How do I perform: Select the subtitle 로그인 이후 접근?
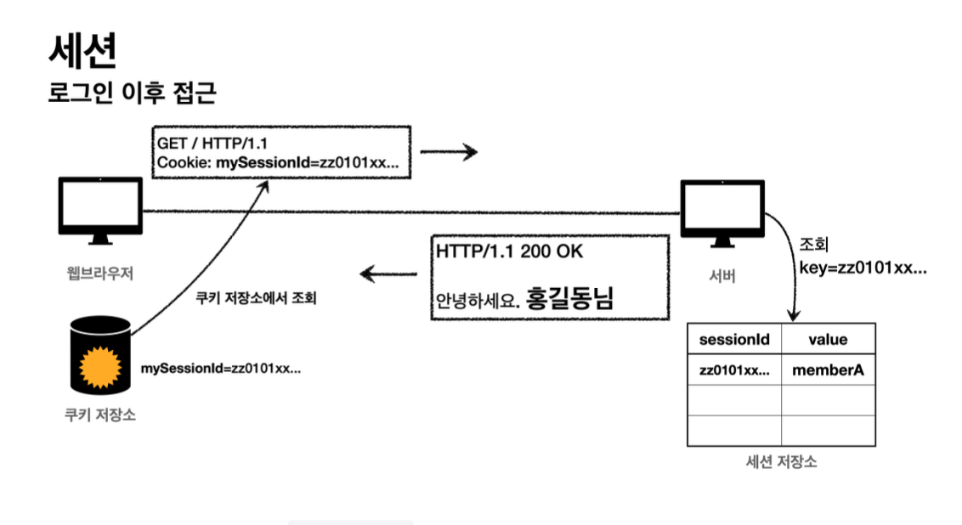click(132, 93)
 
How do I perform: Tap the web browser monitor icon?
click(100, 208)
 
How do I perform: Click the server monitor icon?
click(721, 212)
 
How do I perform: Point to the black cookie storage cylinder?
click(100, 356)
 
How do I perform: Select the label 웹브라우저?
click(100, 274)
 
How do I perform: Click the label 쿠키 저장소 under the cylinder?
click(99, 415)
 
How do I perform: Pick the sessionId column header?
click(733, 340)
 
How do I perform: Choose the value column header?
click(827, 340)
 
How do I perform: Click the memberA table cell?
click(827, 370)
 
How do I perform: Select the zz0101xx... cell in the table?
click(733, 370)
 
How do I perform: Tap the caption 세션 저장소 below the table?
click(781, 462)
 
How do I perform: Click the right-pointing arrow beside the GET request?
click(449, 153)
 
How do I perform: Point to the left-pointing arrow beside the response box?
click(389, 274)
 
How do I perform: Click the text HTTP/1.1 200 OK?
click(509, 252)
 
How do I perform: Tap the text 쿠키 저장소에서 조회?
click(256, 299)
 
